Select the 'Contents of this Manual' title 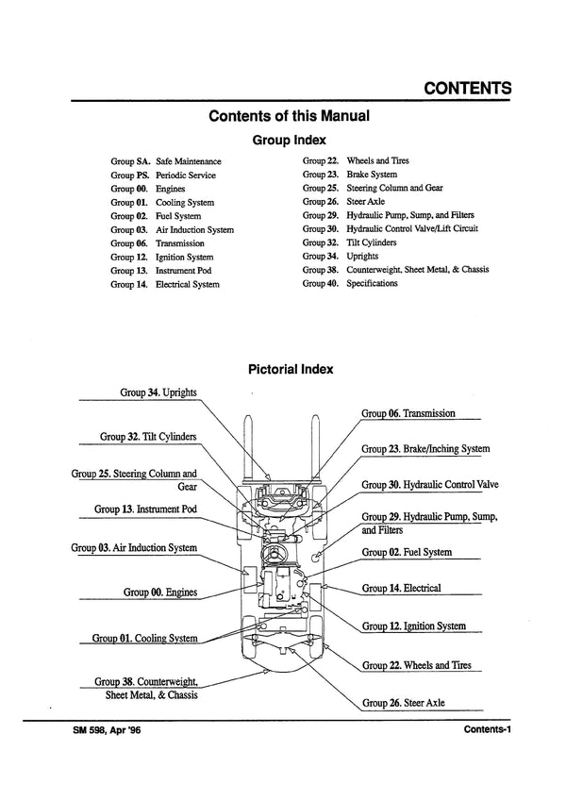288,117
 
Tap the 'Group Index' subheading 289,140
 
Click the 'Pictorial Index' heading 290,369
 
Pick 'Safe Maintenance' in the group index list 188,161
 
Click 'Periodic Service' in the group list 185,175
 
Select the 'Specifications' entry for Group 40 372,283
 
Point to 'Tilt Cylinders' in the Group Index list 372,242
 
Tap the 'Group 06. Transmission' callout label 408,413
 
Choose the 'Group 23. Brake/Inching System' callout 425,449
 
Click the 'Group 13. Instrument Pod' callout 145,509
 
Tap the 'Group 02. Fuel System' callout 407,552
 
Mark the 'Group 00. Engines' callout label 159,592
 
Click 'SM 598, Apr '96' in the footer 105,730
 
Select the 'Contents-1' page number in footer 487,730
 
